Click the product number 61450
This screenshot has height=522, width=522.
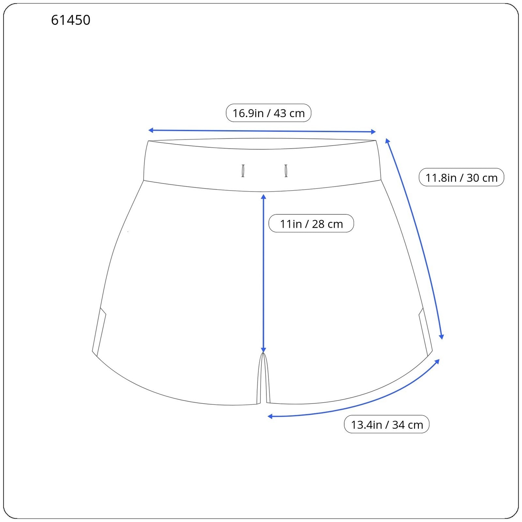tap(70, 20)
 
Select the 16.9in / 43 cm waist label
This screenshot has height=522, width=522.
tap(269, 113)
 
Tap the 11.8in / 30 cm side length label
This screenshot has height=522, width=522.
tap(461, 177)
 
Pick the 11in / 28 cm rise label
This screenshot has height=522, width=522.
tap(311, 223)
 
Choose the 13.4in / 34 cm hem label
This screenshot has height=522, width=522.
tap(387, 424)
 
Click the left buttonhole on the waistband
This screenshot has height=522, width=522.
tap(243, 171)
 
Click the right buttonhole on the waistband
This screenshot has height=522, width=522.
tap(286, 171)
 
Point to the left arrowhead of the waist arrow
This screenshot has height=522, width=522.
tap(150, 130)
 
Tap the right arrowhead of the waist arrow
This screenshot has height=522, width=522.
tap(374, 132)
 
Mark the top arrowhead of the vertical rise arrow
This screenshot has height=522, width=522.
tap(264, 196)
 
